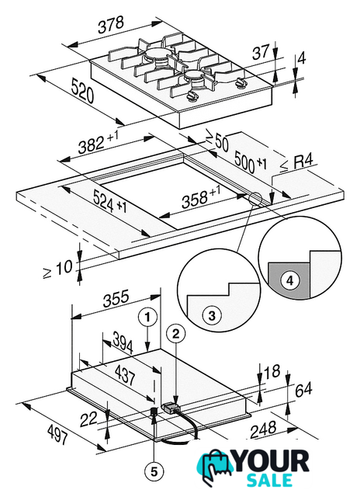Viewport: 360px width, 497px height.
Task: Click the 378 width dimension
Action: click(x=110, y=25)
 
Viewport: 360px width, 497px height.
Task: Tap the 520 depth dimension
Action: click(x=82, y=91)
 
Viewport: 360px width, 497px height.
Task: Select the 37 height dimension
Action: click(x=261, y=52)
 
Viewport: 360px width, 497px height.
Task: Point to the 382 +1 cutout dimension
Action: click(x=99, y=142)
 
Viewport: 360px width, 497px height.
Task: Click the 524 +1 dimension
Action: click(x=110, y=202)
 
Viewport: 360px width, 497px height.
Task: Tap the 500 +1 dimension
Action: click(x=251, y=162)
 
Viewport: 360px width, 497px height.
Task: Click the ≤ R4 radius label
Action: click(x=296, y=162)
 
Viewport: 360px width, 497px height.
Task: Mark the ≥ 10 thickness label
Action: click(x=57, y=269)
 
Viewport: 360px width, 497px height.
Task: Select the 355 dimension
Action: click(x=116, y=298)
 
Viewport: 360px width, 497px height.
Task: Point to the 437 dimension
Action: click(x=126, y=374)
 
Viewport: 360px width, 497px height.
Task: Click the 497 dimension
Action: click(x=57, y=434)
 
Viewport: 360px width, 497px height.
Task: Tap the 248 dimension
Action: click(x=263, y=429)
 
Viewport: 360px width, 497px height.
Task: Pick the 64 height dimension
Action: click(x=303, y=390)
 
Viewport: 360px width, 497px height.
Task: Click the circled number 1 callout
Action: click(x=147, y=317)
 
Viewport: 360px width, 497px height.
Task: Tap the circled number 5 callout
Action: click(x=154, y=472)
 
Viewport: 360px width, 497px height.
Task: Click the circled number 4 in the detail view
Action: click(x=290, y=280)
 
